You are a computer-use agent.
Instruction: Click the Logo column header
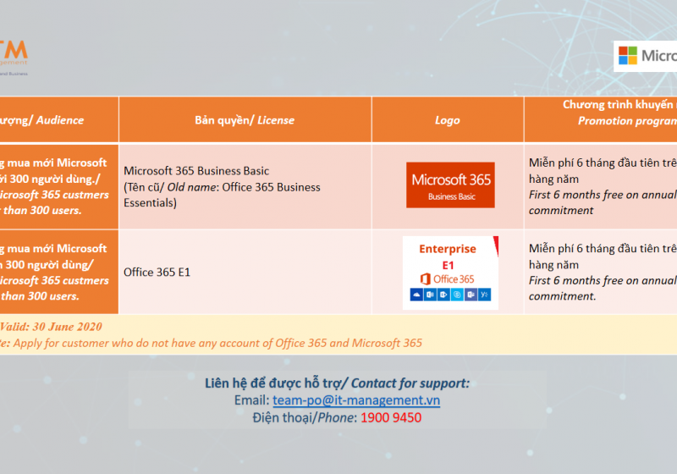point(447,120)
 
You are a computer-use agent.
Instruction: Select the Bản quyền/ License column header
point(245,120)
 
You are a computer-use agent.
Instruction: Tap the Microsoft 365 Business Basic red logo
point(449,185)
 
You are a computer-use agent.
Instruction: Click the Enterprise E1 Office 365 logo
point(449,273)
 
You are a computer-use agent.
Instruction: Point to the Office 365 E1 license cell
point(157,273)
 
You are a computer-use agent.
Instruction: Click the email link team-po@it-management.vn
point(356,400)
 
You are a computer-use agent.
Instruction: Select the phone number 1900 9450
point(391,417)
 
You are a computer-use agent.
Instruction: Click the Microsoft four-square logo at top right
point(628,56)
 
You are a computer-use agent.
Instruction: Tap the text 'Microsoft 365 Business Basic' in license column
point(196,171)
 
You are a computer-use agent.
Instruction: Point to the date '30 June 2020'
point(67,327)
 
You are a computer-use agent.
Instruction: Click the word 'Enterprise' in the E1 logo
point(448,249)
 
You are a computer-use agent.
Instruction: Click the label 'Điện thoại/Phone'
point(305,417)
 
